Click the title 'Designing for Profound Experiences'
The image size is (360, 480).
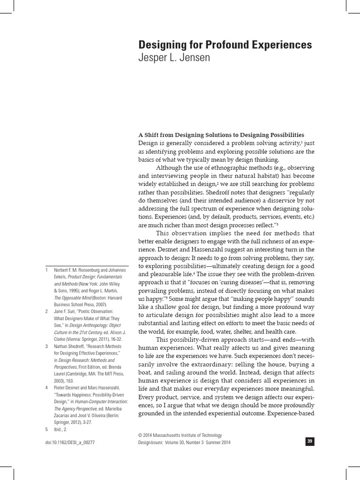tap(225, 45)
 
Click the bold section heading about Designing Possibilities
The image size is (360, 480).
tap(221, 135)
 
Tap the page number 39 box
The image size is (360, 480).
tap(309, 441)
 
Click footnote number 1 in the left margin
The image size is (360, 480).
tap(46, 270)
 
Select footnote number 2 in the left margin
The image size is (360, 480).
tap(46, 311)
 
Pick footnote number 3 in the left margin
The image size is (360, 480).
tap(46, 346)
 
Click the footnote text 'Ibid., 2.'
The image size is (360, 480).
tap(66, 428)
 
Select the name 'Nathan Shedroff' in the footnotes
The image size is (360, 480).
tap(73, 346)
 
